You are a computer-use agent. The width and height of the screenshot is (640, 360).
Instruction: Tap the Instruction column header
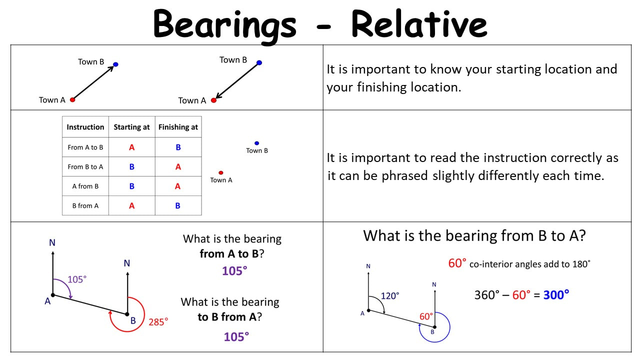[x=85, y=127]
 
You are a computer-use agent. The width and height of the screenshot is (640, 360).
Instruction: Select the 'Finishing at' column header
[x=178, y=127]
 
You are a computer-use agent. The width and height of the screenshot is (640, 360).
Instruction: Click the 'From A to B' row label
[x=85, y=147]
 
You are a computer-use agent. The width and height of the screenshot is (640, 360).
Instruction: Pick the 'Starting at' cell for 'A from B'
[x=131, y=186]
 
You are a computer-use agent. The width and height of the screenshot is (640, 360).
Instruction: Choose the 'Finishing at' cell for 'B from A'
[x=177, y=205]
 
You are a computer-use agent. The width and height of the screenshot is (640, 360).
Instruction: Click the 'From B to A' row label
[x=85, y=166]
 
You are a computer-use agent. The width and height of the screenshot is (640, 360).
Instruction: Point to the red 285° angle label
[x=158, y=322]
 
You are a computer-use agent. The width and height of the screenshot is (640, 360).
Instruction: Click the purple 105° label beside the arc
[x=77, y=279]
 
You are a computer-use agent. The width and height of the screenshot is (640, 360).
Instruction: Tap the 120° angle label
[x=389, y=295]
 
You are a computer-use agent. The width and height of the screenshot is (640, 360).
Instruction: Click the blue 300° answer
[x=556, y=294]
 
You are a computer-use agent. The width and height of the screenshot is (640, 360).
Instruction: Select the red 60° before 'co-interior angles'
[x=457, y=263]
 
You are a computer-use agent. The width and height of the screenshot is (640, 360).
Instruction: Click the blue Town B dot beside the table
[x=256, y=143]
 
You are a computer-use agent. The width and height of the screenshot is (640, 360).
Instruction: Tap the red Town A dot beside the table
[x=221, y=172]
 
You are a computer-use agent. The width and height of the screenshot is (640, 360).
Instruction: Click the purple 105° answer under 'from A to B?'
[x=234, y=271]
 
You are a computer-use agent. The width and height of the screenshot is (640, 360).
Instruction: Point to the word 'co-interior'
[x=491, y=264]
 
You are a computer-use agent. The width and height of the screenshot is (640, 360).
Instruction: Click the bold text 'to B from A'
[x=227, y=317]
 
